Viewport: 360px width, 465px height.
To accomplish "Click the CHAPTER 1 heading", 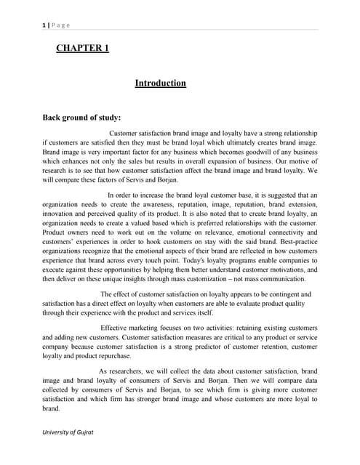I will pos(82,49).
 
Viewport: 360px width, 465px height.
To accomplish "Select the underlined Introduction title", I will pos(160,84).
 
